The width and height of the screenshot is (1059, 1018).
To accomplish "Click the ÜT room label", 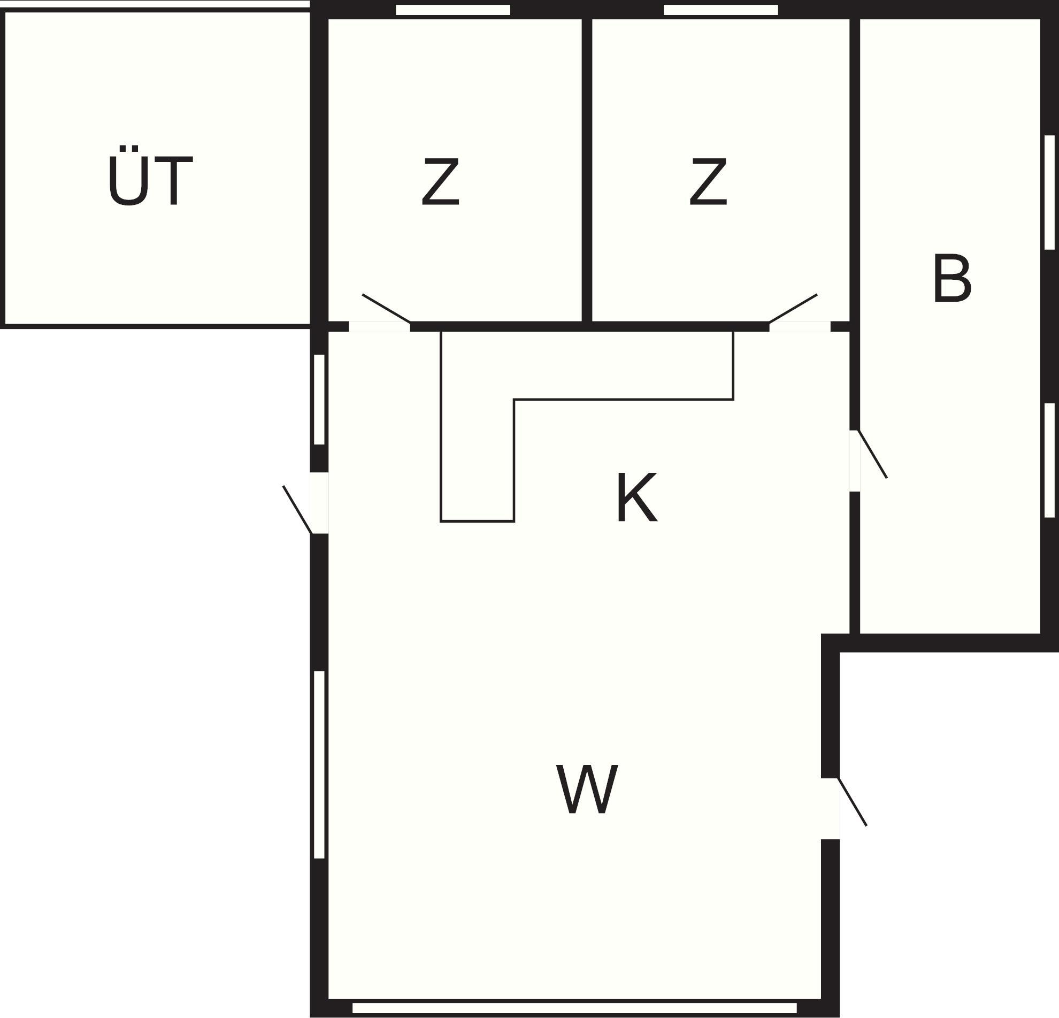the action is (150, 177).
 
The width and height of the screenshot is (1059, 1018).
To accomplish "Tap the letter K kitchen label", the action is (637, 497).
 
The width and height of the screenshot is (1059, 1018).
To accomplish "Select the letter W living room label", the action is (587, 790).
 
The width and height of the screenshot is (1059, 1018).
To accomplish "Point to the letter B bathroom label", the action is (952, 279).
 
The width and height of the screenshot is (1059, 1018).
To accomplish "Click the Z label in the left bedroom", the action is (440, 182).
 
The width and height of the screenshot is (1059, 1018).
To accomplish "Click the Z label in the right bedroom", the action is (708, 182).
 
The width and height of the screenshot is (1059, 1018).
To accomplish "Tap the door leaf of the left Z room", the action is (386, 309).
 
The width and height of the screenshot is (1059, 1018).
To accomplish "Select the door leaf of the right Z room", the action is (793, 309).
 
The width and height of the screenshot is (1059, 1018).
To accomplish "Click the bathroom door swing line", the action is (872, 454).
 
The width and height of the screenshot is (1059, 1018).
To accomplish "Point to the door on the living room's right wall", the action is (852, 802).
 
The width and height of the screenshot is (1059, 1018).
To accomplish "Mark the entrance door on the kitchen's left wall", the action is (298, 510).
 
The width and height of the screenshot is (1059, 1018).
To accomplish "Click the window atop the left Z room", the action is (453, 10).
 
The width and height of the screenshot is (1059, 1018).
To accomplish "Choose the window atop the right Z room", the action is (721, 10).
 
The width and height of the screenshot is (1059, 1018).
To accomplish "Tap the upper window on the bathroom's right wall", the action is (1050, 192).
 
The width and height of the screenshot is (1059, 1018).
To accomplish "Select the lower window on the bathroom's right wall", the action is (1050, 461).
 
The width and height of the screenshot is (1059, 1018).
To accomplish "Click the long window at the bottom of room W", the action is (574, 1008).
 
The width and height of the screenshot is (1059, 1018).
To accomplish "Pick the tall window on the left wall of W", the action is (319, 764).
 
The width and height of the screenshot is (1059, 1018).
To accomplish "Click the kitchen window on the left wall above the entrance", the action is (319, 399).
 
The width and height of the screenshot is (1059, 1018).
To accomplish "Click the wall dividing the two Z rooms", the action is (587, 170).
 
